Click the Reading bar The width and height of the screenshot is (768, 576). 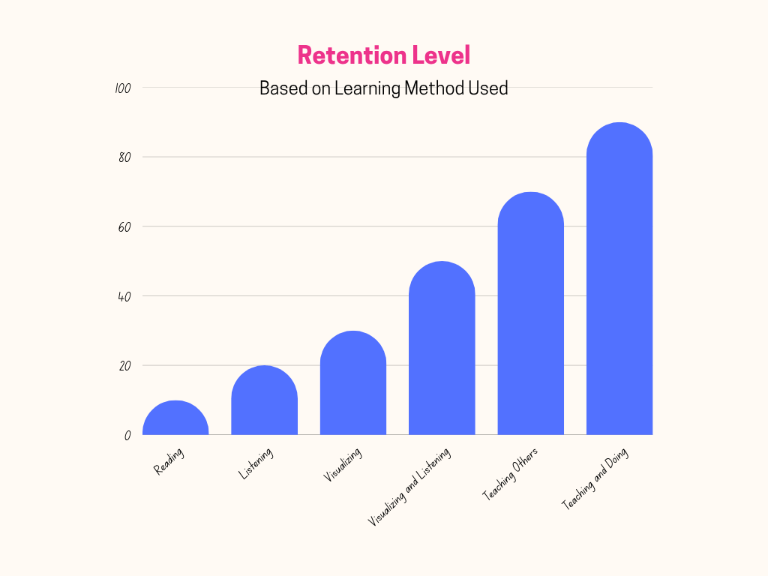pos(175,420)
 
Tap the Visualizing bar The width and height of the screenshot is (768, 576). pos(353,384)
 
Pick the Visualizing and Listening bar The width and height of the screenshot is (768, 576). pos(442,349)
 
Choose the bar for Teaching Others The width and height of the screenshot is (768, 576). pos(530,315)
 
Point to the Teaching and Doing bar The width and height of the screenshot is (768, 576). pos(619,280)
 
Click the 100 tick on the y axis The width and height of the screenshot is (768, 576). pos(123,88)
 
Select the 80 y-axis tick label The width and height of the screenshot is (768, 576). pos(124,157)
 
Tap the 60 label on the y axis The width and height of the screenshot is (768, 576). pos(124,226)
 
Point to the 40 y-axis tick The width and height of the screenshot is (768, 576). pos(124,296)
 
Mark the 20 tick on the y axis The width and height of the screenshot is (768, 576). pos(124,366)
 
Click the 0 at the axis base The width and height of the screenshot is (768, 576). pos(127,435)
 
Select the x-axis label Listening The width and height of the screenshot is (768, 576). pos(256,463)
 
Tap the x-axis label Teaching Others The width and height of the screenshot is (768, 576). pos(510,474)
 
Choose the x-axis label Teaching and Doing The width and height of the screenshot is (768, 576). pos(595,479)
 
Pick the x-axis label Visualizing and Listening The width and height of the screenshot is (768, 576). pos(409,487)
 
